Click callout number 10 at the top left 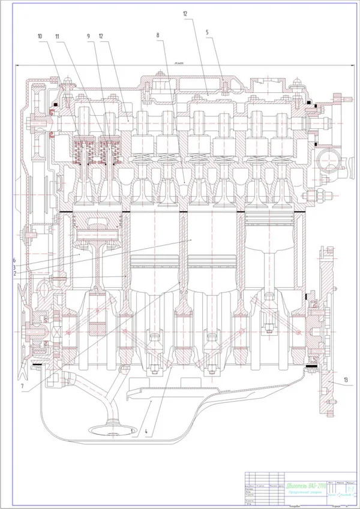[40, 37]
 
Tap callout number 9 [88, 37]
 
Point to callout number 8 [158, 37]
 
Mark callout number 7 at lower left [22, 387]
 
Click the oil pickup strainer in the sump [110, 429]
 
